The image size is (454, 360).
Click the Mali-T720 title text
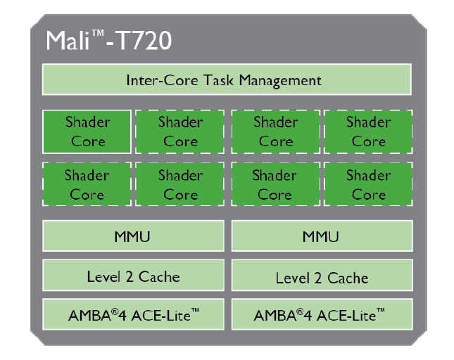(x=108, y=41)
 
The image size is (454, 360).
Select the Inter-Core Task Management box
(x=227, y=79)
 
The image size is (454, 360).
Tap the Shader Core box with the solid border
(x=87, y=131)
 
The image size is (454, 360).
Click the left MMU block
(x=134, y=236)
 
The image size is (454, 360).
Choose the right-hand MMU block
(x=321, y=236)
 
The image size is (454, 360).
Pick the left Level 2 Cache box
(x=134, y=276)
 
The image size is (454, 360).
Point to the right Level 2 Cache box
(x=321, y=277)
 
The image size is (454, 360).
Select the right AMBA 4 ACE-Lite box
(x=321, y=315)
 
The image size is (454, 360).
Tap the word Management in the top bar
(x=279, y=80)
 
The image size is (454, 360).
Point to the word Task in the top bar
(x=219, y=80)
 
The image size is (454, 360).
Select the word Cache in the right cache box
(x=348, y=278)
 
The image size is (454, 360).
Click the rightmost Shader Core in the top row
(x=368, y=131)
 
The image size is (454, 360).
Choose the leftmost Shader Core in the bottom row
(x=87, y=184)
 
